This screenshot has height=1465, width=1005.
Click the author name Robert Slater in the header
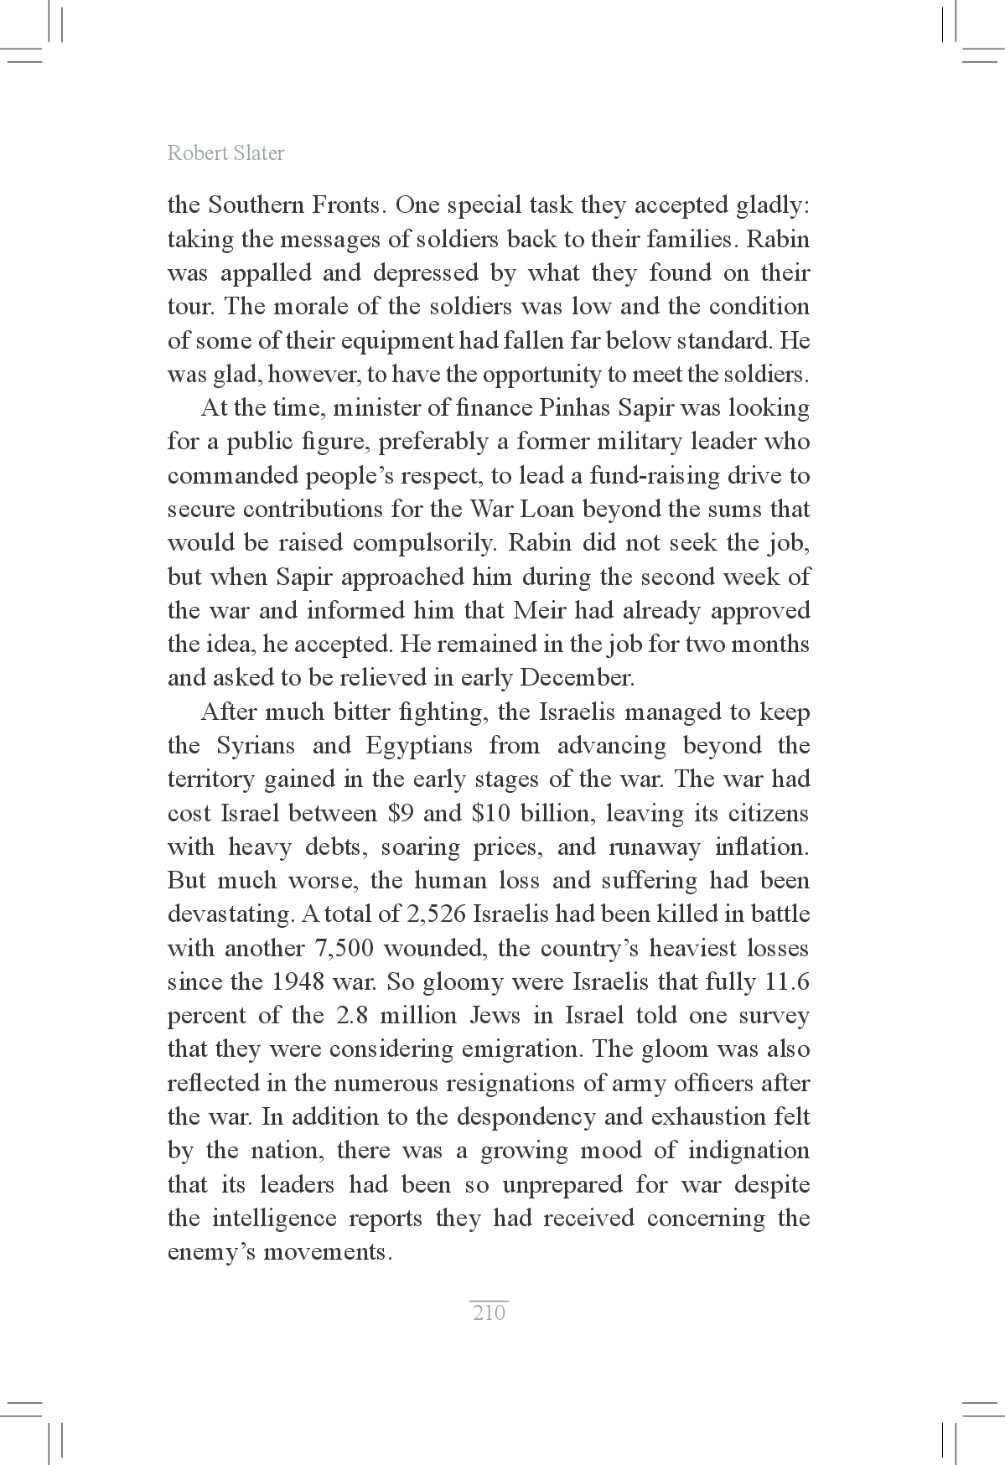tap(225, 153)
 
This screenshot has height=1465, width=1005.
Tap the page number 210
tap(489, 1312)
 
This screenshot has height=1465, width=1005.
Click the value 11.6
tap(787, 981)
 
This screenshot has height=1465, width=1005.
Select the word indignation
tap(749, 1151)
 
